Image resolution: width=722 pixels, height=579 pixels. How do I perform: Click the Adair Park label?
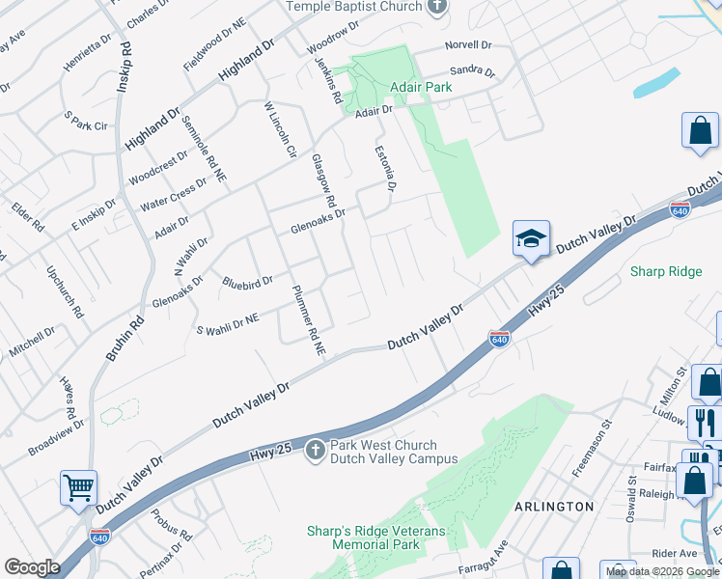pos(420,88)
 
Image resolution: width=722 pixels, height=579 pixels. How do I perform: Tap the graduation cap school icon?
pos(530,238)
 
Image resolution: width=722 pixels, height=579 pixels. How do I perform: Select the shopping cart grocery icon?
pos(78,485)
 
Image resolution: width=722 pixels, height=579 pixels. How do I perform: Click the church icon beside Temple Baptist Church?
pos(437,7)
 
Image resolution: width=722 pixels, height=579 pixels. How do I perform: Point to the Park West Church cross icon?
pos(316,450)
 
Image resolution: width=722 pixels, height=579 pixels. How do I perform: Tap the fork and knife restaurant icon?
pos(705,422)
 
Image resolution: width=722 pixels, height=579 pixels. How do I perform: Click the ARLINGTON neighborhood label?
pos(554,507)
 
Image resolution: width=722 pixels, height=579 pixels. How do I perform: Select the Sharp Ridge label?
pos(666,271)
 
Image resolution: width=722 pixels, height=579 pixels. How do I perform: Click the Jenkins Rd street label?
pos(329,80)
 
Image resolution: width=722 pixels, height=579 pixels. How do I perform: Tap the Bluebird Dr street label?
pos(247,282)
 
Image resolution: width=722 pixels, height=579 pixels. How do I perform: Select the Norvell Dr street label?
pos(468,45)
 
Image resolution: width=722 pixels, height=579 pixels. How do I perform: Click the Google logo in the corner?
pos(32,567)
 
